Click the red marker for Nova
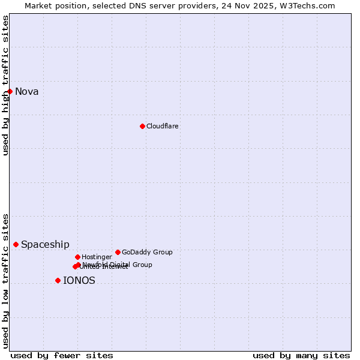10,91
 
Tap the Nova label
27,92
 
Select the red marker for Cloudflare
142,126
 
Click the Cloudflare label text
162,126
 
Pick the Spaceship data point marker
16,244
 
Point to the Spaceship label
45,245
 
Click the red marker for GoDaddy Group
118,252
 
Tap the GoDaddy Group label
147,253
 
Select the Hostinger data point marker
77,257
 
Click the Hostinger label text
97,257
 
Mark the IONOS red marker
58,280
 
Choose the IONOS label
79,281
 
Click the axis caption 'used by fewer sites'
62,355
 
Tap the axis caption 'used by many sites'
301,355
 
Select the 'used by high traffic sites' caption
5,85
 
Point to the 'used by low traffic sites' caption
5,280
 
